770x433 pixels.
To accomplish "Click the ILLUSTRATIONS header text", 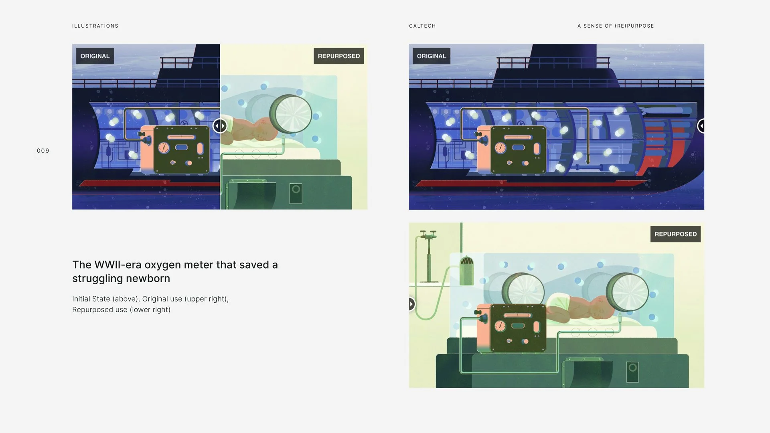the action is coord(95,26).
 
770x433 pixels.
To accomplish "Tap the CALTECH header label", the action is coord(422,26).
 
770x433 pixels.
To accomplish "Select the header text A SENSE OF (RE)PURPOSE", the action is coord(616,26).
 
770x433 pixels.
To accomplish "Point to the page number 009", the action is coord(43,151).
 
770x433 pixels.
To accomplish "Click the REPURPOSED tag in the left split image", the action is coord(339,56).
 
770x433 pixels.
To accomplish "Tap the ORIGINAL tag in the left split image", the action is coord(95,56).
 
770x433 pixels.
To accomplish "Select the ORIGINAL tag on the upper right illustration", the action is coord(432,56).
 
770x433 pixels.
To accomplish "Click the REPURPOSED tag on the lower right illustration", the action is coord(675,234).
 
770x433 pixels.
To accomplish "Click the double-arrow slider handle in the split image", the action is coord(220,126).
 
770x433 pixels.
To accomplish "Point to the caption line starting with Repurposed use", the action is coord(121,310).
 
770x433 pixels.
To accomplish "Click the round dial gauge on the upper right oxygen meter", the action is coord(500,148).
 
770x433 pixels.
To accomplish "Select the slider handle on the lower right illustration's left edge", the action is coord(411,304).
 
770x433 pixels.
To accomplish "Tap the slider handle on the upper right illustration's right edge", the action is coord(701,126).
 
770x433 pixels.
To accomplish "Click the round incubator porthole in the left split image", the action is coord(291,114).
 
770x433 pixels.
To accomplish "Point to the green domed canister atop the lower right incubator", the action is coord(466,271).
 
